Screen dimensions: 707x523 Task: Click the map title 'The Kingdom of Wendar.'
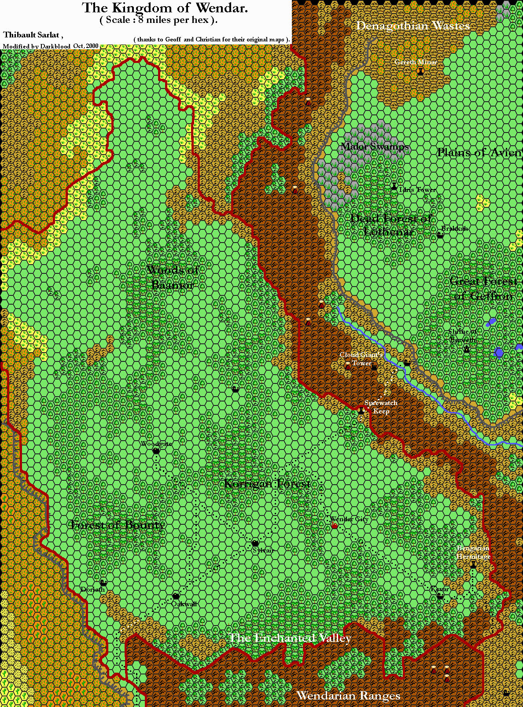[165, 7]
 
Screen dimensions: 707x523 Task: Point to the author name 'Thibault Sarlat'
[32, 35]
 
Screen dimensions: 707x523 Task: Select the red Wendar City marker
[335, 526]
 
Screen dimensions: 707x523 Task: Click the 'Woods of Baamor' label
[172, 277]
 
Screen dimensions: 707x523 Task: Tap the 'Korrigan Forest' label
[267, 484]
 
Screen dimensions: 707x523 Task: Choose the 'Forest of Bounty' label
[118, 525]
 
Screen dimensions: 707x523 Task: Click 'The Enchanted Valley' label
[290, 638]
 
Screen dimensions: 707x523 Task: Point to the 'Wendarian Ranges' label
[348, 696]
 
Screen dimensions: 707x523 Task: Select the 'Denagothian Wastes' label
[413, 26]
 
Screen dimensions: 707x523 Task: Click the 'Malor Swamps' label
[375, 147]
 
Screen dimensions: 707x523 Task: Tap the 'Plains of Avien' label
[479, 152]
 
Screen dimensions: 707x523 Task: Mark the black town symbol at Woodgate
[156, 451]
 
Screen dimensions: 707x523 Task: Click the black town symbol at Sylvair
[255, 543]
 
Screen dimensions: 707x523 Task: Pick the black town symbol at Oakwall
[176, 596]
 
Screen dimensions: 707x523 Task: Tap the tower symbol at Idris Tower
[394, 187]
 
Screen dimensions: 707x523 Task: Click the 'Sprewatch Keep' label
[381, 407]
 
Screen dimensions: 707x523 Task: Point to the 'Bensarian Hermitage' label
[473, 552]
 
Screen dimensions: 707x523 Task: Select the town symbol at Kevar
[440, 596]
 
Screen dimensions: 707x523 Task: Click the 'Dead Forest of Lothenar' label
[390, 225]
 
